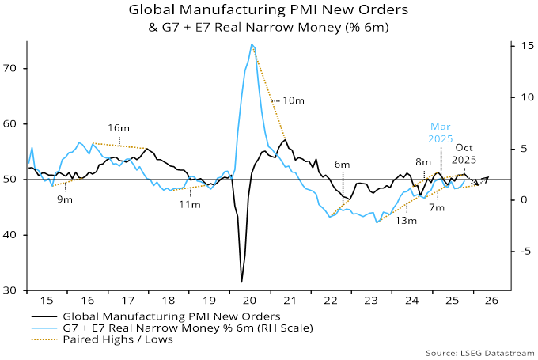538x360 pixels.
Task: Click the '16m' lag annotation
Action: point(119,127)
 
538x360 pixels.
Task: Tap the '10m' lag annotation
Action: point(293,101)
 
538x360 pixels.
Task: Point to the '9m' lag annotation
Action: point(63,199)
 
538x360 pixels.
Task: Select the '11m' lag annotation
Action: point(188,204)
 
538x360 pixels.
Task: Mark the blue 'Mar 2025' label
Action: point(441,131)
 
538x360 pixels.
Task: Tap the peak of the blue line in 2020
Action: point(252,44)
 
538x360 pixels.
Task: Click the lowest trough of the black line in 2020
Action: point(241,281)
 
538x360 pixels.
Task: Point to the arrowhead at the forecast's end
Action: point(487,179)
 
